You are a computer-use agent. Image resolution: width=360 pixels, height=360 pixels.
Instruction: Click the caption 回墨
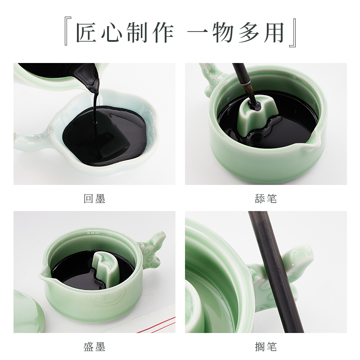pos(94,198)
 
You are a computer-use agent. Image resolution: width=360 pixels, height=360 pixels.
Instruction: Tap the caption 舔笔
pos(265,198)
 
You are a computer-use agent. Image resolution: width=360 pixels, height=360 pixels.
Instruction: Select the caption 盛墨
pos(94,347)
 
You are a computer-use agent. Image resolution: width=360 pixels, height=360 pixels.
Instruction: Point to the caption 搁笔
pos(265,347)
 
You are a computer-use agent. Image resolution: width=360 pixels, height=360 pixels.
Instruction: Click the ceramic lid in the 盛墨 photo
pos(27,310)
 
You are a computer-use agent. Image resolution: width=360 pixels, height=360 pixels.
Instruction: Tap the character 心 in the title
pos(118,33)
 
